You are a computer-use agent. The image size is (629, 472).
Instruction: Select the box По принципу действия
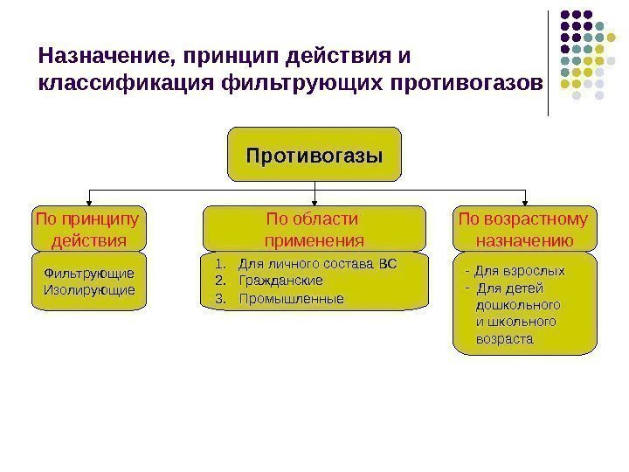88,228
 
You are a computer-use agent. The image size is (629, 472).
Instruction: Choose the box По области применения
314,228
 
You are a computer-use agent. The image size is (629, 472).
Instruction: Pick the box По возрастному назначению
522,228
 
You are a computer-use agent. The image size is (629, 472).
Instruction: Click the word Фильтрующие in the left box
89,274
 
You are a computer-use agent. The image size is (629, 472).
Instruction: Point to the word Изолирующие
89,289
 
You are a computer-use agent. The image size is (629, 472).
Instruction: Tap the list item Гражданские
280,281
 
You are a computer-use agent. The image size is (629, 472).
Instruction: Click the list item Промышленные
290,298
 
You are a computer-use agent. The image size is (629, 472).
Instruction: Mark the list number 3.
219,298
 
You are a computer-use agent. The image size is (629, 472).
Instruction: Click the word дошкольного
517,305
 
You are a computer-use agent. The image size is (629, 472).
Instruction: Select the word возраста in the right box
503,338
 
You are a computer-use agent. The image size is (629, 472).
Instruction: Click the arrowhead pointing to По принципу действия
89,200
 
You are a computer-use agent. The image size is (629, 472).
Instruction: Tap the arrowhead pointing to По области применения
314,200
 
